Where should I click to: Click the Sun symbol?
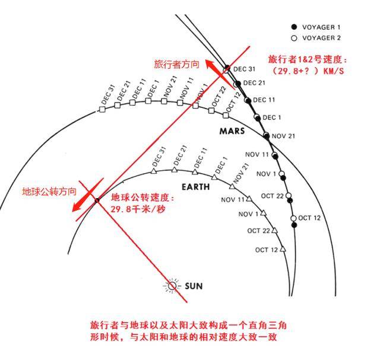click(172, 286)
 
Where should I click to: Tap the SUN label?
click(194, 286)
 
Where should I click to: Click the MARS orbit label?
click(232, 131)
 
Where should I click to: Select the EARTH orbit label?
click(195, 187)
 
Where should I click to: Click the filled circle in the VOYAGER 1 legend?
click(294, 27)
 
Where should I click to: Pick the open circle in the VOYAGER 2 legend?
click(294, 38)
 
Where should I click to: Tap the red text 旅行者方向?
click(177, 65)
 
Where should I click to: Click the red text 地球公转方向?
click(49, 192)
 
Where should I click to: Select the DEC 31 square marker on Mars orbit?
click(102, 110)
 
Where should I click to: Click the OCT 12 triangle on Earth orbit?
click(283, 249)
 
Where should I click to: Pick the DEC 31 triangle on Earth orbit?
click(153, 171)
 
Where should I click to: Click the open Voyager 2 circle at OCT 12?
click(293, 218)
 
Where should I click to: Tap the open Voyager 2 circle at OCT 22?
click(289, 195)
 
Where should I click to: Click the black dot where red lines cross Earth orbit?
click(97, 200)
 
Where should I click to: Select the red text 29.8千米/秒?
click(138, 209)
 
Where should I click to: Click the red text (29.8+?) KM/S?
click(308, 71)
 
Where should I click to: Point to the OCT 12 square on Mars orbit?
click(226, 116)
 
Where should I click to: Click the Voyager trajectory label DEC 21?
click(254, 83)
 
